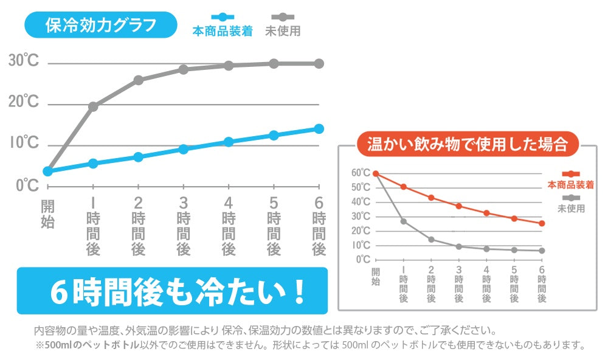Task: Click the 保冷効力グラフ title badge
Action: pyautogui.click(x=101, y=26)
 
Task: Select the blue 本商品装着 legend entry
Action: pyautogui.click(x=223, y=30)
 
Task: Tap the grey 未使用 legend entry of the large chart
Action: pyautogui.click(x=283, y=30)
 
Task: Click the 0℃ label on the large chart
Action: pyautogui.click(x=27, y=185)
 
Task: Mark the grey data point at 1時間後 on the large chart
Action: pyautogui.click(x=93, y=106)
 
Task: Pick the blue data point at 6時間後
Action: pyautogui.click(x=319, y=128)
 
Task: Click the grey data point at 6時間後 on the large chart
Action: pyautogui.click(x=319, y=63)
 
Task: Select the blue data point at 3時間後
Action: pyautogui.click(x=184, y=149)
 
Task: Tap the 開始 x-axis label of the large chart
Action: pyautogui.click(x=47, y=213)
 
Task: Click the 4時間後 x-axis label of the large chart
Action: pyautogui.click(x=229, y=226)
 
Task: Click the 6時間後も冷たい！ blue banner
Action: pyautogui.click(x=172, y=291)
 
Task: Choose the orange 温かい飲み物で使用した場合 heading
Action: pyautogui.click(x=467, y=145)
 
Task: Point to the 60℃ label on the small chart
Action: pyautogui.click(x=361, y=173)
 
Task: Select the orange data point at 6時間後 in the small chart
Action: pyautogui.click(x=542, y=223)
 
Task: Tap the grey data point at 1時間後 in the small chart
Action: pyautogui.click(x=404, y=221)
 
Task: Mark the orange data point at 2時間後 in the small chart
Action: pyautogui.click(x=431, y=198)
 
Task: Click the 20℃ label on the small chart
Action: pyautogui.click(x=361, y=230)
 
